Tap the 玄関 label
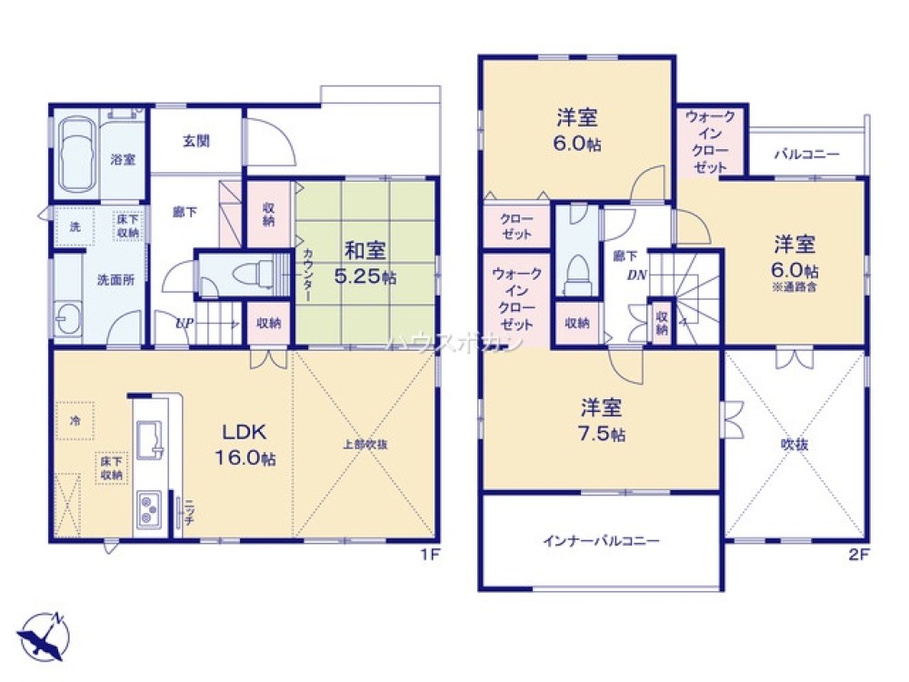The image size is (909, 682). click(195, 141)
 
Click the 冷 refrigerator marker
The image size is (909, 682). click(75, 421)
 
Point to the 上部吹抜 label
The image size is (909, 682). click(365, 446)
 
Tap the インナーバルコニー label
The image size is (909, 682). click(601, 540)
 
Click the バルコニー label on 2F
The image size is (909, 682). click(806, 154)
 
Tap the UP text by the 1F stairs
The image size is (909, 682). click(183, 321)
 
